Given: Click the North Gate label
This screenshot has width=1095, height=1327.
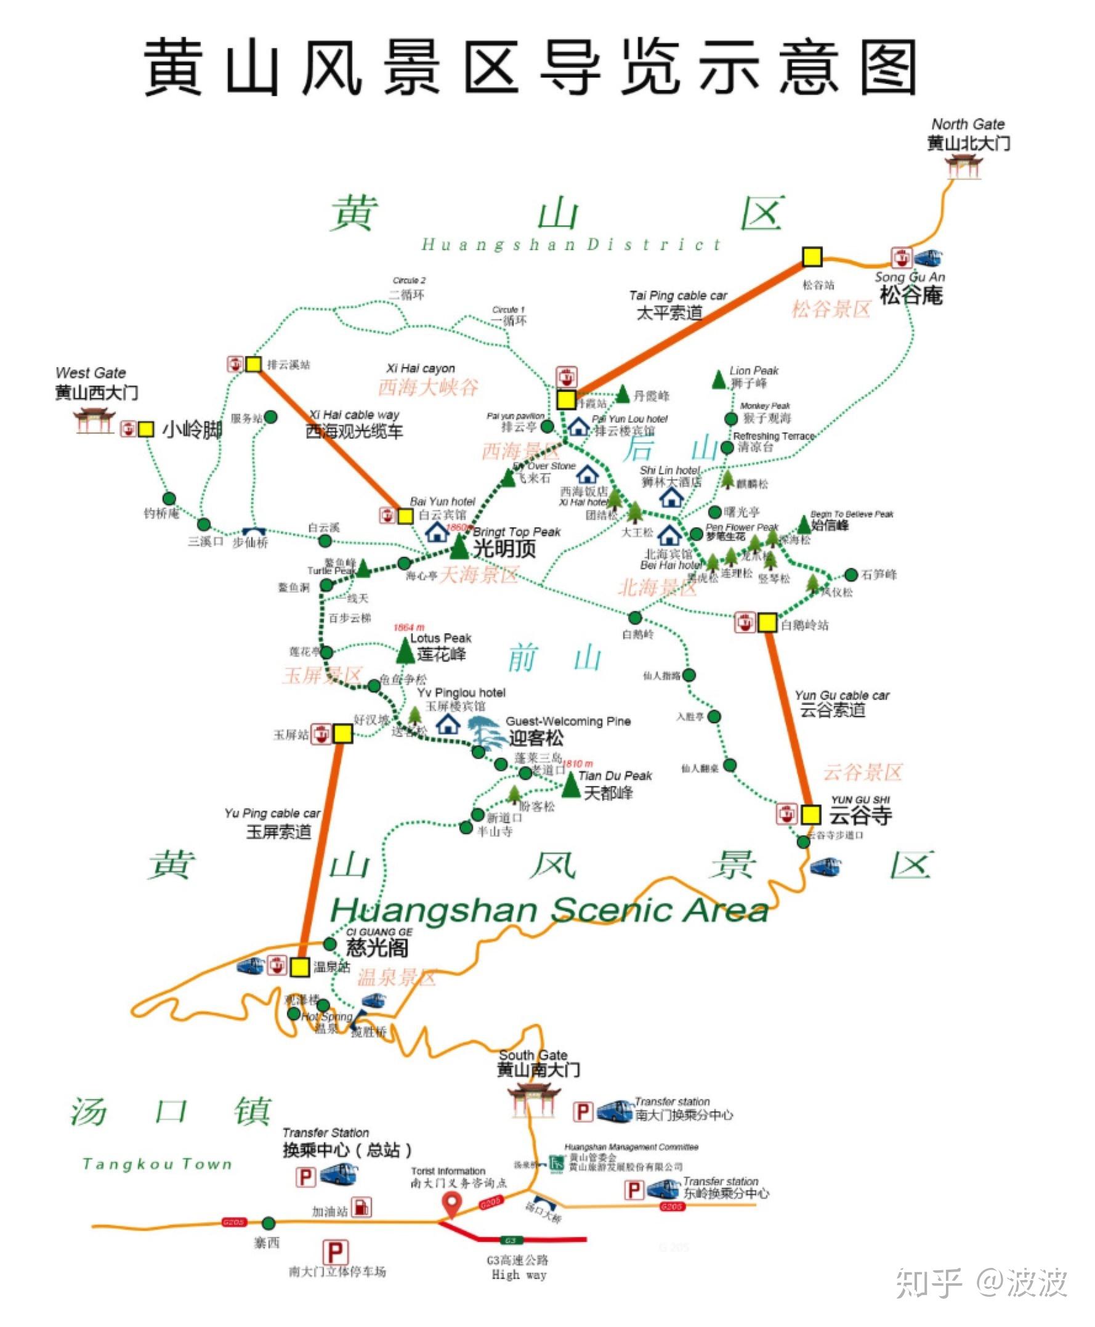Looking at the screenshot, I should tap(968, 124).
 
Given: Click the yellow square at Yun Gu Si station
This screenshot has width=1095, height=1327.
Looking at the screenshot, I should tap(810, 814).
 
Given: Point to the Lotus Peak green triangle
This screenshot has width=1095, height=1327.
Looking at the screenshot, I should tap(405, 651).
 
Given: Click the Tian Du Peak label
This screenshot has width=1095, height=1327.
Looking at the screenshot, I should tap(615, 776).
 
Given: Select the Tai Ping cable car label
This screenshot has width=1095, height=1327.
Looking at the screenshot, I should tap(677, 295).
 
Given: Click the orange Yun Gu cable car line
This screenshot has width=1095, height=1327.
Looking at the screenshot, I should tap(788, 720).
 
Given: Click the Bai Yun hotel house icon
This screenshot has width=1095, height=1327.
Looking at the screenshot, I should tap(437, 532).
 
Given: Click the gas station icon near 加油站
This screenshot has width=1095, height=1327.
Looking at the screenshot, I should tap(362, 1207).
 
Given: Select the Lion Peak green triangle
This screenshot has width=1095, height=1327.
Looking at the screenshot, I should tap(719, 380).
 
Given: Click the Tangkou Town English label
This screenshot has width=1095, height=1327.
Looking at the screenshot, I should tap(158, 1164).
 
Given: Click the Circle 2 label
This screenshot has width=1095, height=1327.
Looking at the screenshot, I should tap(409, 280).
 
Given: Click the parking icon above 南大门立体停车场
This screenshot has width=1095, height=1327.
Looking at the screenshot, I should tap(335, 1252).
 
